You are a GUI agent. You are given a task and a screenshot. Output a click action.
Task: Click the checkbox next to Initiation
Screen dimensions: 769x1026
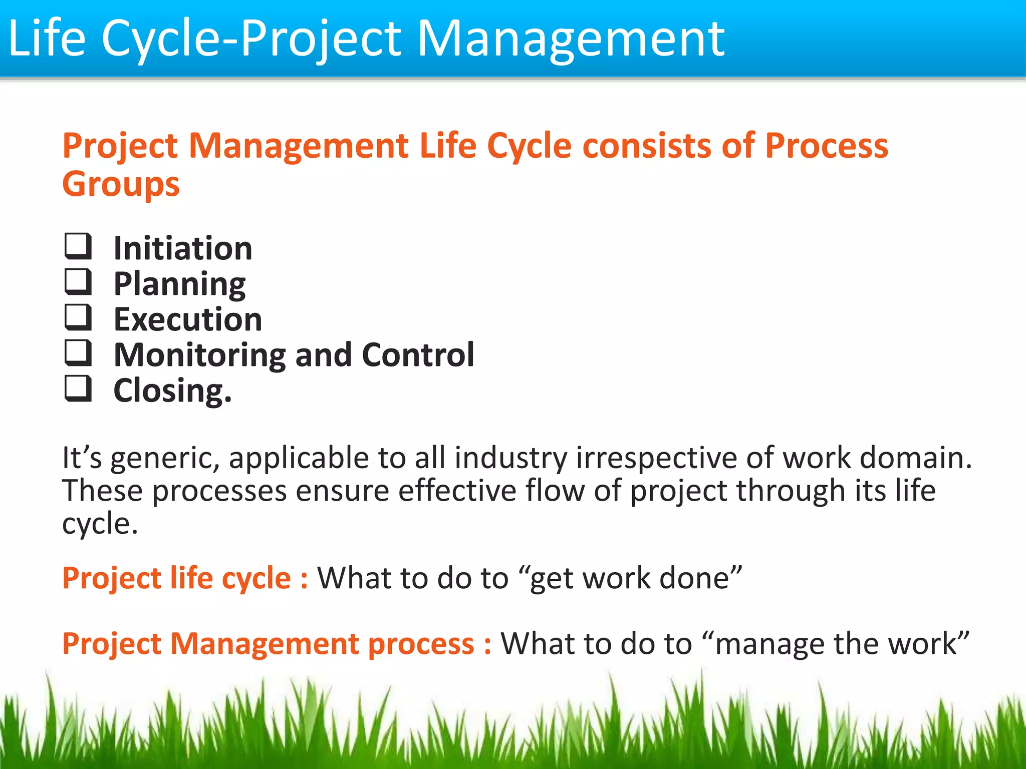tap(78, 246)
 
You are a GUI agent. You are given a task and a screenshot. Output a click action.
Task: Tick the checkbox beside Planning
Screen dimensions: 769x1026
tap(78, 282)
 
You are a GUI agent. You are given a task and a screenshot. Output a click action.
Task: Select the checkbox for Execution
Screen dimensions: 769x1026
tap(78, 317)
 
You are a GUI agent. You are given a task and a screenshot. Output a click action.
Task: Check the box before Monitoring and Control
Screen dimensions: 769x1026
tap(78, 353)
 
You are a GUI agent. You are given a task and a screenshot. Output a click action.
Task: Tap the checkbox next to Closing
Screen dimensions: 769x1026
tap(78, 389)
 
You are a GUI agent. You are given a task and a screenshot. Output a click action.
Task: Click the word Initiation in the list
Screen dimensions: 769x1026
tap(183, 248)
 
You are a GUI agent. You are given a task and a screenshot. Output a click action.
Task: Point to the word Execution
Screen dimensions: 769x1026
tap(188, 319)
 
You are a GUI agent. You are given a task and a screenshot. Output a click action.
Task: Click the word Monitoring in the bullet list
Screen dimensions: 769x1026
tap(200, 355)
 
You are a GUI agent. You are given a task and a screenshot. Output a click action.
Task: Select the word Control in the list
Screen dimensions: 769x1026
tap(418, 354)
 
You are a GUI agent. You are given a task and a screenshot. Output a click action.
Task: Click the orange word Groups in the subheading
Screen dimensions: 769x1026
tap(121, 185)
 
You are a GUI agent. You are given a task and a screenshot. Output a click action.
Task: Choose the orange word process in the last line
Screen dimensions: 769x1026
tap(421, 644)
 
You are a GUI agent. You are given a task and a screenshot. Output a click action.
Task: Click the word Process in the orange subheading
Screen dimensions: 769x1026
tap(827, 146)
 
